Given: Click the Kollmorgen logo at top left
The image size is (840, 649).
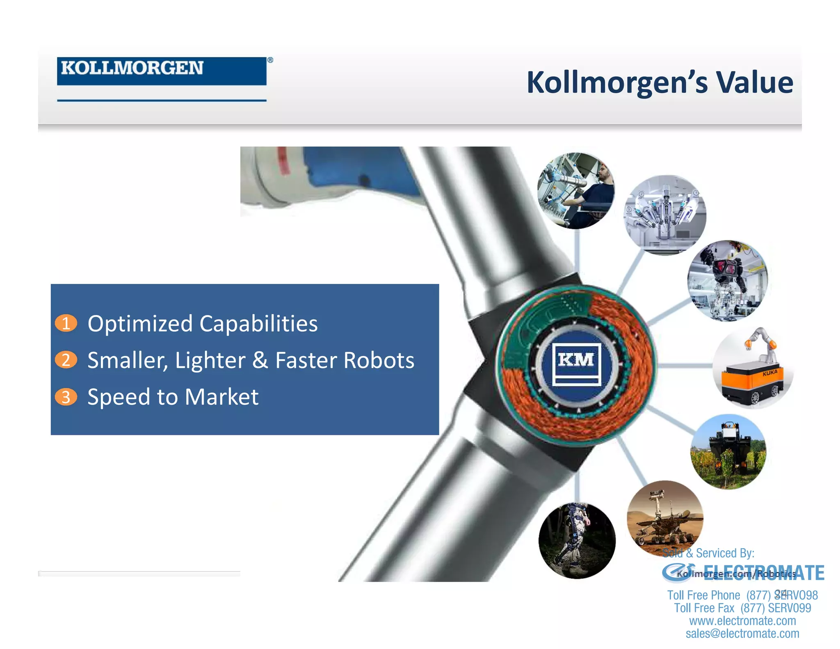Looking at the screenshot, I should (161, 71).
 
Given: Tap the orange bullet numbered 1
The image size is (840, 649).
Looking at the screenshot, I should (66, 323).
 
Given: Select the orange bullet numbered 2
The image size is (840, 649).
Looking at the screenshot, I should (66, 360).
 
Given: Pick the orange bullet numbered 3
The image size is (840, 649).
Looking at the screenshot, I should (66, 397).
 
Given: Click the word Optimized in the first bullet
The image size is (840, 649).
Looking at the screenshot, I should (140, 324).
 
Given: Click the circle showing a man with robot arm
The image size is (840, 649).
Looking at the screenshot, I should (576, 191).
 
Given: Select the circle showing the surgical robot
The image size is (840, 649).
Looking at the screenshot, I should (665, 215).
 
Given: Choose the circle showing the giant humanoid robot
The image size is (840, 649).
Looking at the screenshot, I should (727, 281).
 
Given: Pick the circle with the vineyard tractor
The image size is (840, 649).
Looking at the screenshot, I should (728, 451).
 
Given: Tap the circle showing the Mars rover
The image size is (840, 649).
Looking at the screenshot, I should (664, 518).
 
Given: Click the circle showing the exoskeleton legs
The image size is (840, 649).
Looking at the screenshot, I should (576, 540).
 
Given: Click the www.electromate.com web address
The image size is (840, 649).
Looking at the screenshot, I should (742, 621).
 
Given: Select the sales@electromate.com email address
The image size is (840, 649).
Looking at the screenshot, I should (742, 633).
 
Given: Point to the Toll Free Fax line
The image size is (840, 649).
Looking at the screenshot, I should (742, 608).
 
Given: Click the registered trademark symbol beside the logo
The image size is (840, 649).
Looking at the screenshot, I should (270, 60).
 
